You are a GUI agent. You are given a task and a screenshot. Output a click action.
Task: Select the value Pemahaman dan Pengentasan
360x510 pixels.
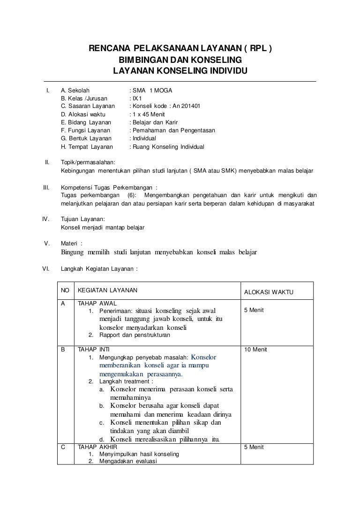pyautogui.click(x=173, y=130)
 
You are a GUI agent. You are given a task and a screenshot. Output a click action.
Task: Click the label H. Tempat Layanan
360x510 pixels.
pyautogui.click(x=87, y=147)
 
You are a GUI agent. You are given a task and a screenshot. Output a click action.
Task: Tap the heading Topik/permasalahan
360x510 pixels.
pyautogui.click(x=85, y=162)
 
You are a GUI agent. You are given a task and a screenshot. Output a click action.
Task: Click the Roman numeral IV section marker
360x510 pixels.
pyautogui.click(x=46, y=219)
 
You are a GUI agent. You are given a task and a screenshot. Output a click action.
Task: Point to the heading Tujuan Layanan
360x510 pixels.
pyautogui.click(x=83, y=219)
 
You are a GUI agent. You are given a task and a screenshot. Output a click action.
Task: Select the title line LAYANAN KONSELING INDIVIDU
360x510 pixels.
pyautogui.click(x=180, y=70)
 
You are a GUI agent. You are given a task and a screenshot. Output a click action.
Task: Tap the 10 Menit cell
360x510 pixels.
pyautogui.click(x=254, y=350)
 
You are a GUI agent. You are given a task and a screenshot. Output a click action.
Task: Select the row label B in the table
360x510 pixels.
pyautogui.click(x=63, y=350)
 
